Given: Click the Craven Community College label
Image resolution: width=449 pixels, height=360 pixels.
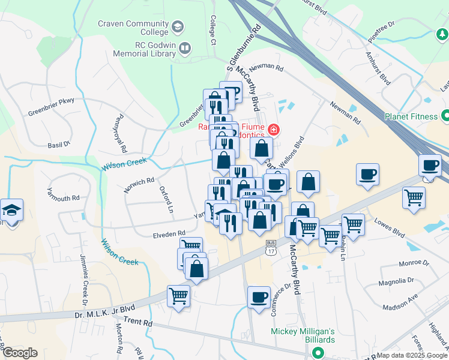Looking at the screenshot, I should coord(133,27).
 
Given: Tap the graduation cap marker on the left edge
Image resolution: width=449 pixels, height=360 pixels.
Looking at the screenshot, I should coord(11,210).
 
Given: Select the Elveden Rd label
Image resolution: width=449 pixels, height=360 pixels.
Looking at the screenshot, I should coord(169,233).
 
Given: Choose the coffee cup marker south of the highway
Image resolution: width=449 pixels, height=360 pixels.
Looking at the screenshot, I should coord(259,297).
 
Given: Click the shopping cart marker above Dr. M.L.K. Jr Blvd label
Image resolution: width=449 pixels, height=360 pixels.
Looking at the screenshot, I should coord(179,295).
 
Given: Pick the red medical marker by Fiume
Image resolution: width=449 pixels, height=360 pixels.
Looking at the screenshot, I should coord(273,129).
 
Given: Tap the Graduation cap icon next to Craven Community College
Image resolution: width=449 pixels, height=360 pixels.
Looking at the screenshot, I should coord(177,26).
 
